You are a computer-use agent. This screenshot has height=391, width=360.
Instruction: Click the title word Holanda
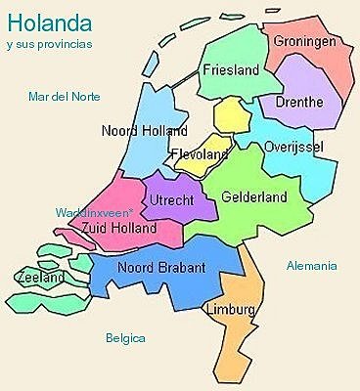click(49, 20)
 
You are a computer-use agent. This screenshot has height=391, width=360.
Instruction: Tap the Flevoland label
click(201, 154)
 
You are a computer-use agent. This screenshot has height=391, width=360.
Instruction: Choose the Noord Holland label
click(144, 130)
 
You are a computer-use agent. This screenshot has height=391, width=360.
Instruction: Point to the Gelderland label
click(254, 196)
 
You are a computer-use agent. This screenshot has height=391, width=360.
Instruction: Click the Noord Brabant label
click(161, 267)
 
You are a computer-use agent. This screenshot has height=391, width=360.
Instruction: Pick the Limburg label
click(232, 310)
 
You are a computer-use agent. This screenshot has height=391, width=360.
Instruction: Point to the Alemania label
click(311, 265)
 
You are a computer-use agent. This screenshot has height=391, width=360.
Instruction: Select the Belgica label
click(125, 338)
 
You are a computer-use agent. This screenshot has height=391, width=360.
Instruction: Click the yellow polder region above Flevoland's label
click(232, 115)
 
